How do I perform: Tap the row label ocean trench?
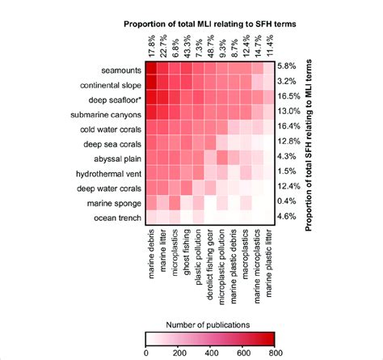[119, 218]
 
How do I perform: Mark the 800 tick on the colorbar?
[274, 351]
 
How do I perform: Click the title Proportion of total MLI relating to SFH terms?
[211, 23]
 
